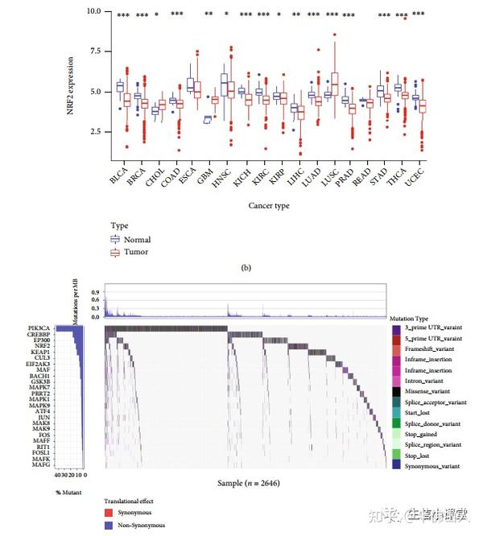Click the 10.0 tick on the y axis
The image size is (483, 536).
point(93,11)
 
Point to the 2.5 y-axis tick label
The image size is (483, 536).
point(95,131)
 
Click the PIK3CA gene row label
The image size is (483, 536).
point(61,328)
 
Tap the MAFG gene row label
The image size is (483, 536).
point(64,465)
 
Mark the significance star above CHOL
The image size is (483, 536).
point(157,15)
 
